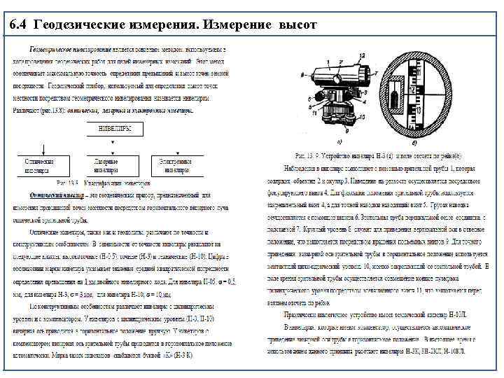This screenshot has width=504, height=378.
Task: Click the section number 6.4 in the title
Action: click(21, 26)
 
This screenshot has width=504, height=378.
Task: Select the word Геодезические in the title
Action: click(81, 26)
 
